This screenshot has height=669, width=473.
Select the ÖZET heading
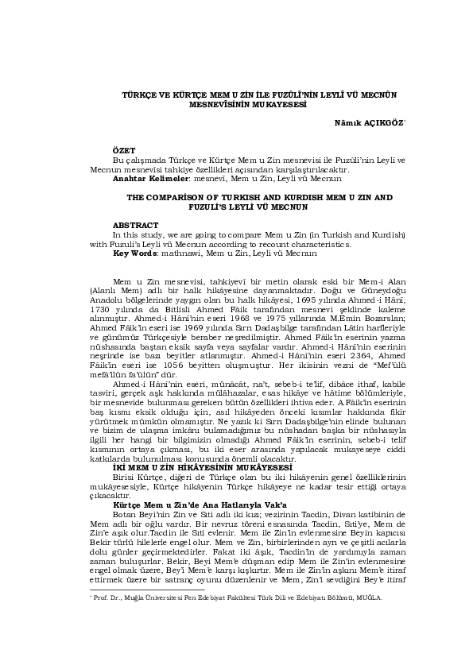click(124, 150)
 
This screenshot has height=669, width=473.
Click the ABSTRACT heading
click(135, 226)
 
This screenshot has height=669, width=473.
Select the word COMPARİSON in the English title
click(182, 196)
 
